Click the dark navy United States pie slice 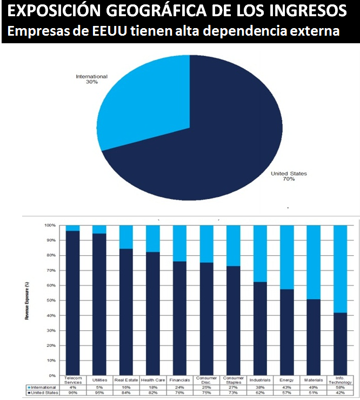tap(227, 135)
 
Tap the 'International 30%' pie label tap(91, 79)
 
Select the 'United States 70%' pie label tap(289, 176)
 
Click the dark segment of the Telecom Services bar tap(72, 303)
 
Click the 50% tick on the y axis tap(50, 300)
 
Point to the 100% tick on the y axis tap(50, 225)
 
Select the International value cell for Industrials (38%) tap(261, 388)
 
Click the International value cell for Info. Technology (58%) tap(340, 388)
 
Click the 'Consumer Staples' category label tap(234, 380)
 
